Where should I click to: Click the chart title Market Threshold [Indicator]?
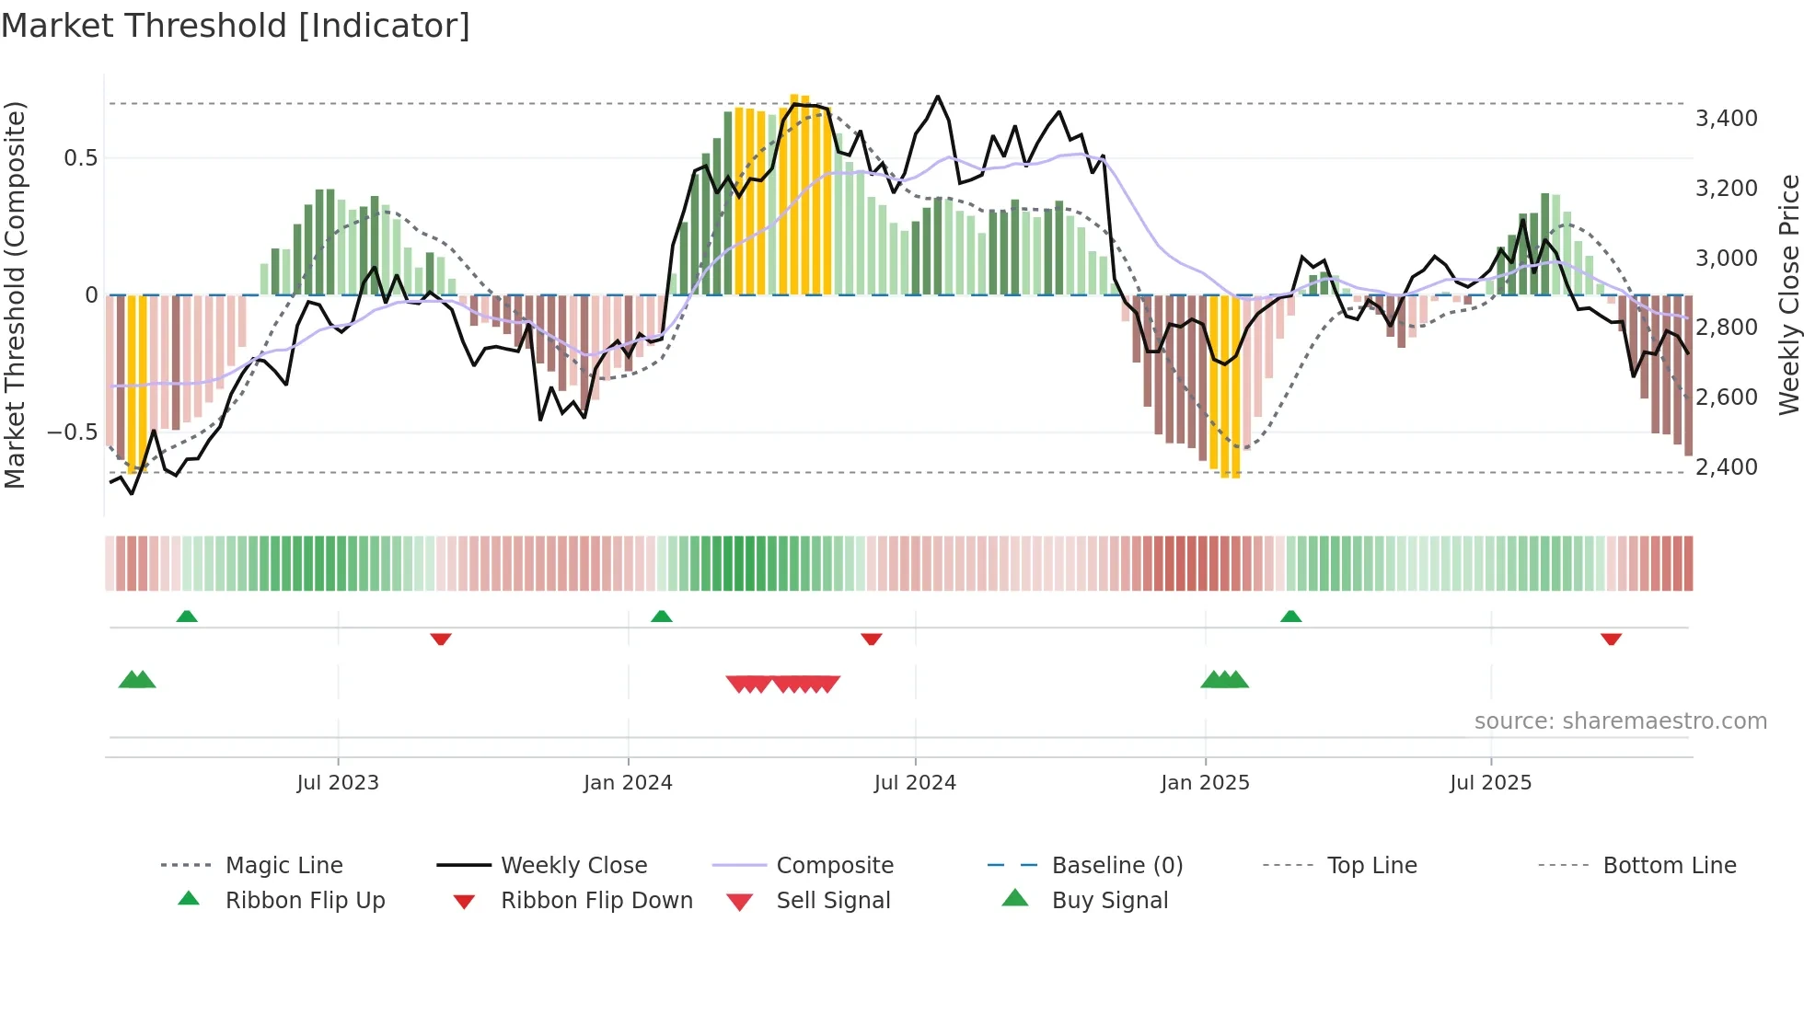tap(236, 26)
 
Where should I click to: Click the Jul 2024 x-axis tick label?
tap(915, 782)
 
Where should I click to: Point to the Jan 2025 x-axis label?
tap(1205, 782)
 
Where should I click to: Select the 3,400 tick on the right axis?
tap(1726, 118)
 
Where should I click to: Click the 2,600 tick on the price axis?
tap(1726, 397)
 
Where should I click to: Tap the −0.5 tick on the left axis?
tap(73, 432)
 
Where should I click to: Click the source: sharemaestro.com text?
tap(1620, 720)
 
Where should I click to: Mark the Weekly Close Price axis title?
tap(1788, 294)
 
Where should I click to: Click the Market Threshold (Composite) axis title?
tap(15, 294)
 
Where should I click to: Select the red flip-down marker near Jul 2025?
tap(1611, 639)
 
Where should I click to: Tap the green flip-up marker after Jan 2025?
tap(1290, 616)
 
